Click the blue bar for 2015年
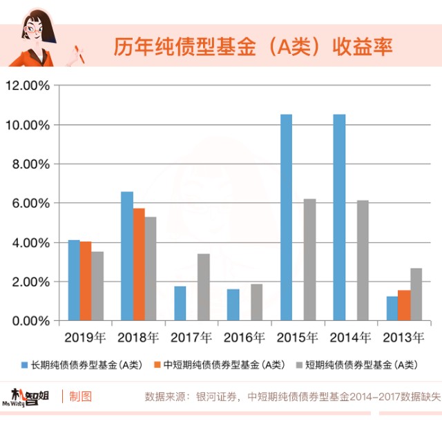[x=286, y=217]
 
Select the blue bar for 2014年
[x=339, y=217]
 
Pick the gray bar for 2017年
[x=203, y=287]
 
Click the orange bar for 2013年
[x=404, y=305]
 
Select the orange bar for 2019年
[x=86, y=281]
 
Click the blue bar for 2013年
[x=392, y=309]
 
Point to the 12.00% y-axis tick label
[x=27, y=86]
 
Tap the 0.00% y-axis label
[x=30, y=321]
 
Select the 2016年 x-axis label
[x=244, y=338]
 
